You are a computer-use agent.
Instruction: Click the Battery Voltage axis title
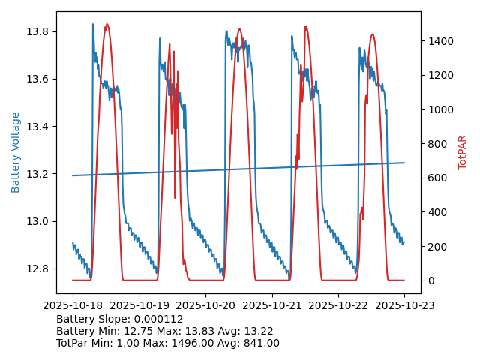[16, 152]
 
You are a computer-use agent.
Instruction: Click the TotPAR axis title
[463, 152]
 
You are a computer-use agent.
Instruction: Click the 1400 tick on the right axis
[441, 41]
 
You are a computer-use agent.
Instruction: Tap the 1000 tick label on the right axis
[441, 109]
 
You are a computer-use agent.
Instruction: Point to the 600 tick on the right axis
[438, 178]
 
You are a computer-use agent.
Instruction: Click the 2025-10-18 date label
[73, 305]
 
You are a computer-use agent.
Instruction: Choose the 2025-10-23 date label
[404, 305]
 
